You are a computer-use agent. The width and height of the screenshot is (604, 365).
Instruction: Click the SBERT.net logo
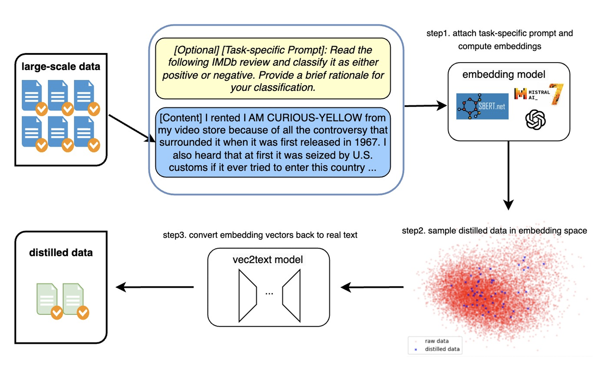(x=482, y=106)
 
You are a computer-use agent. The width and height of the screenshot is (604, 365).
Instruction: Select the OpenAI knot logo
(x=535, y=120)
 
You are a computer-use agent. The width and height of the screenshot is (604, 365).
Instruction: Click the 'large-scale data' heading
(x=61, y=67)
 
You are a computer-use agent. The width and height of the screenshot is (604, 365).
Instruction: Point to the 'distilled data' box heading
(x=61, y=253)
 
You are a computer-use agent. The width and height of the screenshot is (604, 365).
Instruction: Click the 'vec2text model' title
(x=268, y=260)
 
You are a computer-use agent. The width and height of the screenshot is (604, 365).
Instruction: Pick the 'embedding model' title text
(x=504, y=74)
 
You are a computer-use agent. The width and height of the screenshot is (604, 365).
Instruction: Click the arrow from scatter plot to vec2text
(x=372, y=287)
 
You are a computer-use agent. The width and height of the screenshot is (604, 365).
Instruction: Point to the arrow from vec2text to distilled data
(x=155, y=287)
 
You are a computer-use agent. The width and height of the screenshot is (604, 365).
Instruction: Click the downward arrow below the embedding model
(x=509, y=175)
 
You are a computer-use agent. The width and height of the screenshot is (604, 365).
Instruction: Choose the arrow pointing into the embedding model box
(x=425, y=105)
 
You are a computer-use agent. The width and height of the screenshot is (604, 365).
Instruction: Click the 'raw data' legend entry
(x=437, y=341)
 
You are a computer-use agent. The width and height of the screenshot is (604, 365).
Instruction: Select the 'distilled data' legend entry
(x=442, y=349)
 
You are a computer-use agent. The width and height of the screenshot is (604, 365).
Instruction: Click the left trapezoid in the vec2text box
(x=247, y=295)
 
